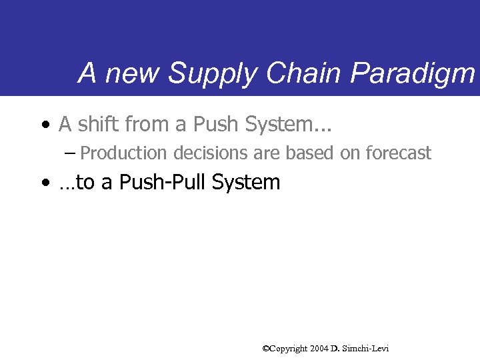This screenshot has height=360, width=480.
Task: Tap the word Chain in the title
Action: point(293,73)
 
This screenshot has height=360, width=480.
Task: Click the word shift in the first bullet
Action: point(97,124)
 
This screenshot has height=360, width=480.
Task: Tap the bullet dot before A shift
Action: point(44,125)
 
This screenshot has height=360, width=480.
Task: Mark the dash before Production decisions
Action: point(71,153)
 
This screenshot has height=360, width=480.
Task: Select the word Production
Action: point(125,153)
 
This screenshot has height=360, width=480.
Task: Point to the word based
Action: point(311,153)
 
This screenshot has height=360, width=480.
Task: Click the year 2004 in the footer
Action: point(319,349)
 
